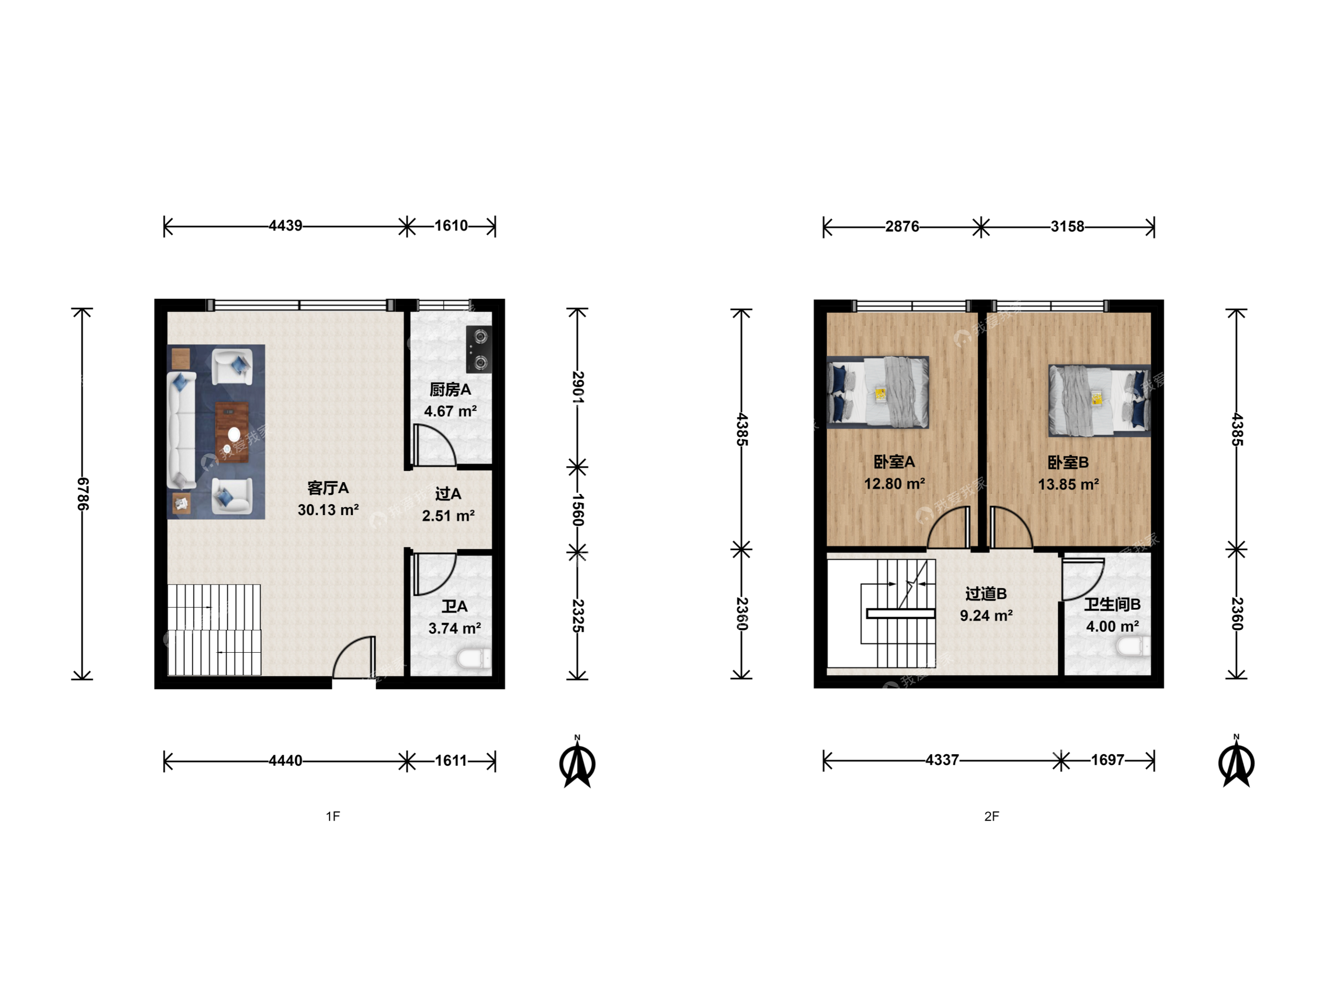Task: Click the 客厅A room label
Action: click(328, 489)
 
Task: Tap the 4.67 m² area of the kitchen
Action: click(450, 411)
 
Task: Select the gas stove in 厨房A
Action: click(479, 349)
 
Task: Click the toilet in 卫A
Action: click(474, 659)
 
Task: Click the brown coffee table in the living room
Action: click(232, 432)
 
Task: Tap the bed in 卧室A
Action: click(878, 392)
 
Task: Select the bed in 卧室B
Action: click(1099, 400)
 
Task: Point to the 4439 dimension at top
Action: click(286, 226)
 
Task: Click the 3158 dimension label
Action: click(1067, 226)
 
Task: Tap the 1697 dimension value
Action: click(1107, 760)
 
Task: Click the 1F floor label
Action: click(333, 816)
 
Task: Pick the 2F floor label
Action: click(992, 816)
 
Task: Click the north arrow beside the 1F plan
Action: click(578, 762)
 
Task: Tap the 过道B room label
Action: click(986, 594)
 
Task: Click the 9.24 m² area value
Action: click(986, 616)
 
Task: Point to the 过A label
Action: click(448, 494)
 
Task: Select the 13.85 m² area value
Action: click(1068, 485)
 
